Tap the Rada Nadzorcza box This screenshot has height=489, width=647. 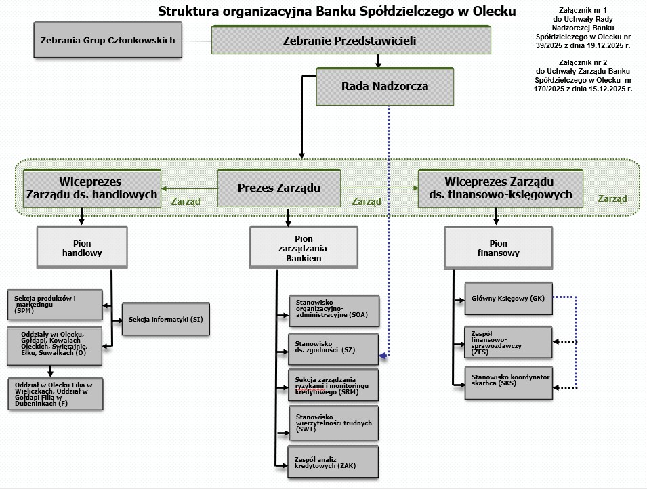tap(384, 87)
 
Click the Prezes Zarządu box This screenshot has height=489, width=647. tap(278, 188)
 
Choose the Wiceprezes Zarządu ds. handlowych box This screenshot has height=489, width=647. tap(90, 188)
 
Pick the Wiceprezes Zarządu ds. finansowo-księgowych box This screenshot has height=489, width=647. tap(499, 188)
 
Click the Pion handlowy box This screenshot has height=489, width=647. tap(81, 247)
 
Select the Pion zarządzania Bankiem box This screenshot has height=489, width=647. tap(304, 248)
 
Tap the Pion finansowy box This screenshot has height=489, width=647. tap(498, 248)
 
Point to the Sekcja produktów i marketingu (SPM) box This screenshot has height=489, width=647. tap(54, 304)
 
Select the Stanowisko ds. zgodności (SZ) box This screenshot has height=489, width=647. tap(333, 349)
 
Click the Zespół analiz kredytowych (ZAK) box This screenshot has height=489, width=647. tap(333, 462)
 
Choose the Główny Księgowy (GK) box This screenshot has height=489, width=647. tap(508, 298)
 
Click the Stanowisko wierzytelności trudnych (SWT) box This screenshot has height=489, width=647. tap(333, 423)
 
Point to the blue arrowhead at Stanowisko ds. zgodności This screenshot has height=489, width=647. tap(383, 355)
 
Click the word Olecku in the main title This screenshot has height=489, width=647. tap(493, 11)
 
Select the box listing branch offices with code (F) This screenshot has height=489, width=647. tap(54, 394)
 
